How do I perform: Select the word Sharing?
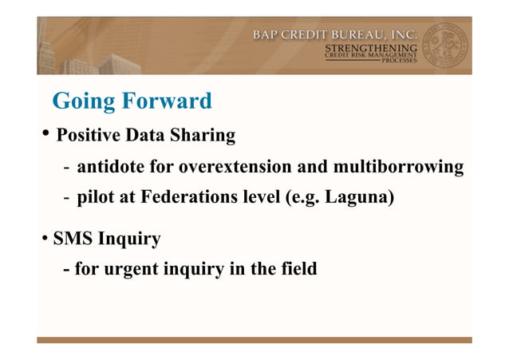pos(203,136)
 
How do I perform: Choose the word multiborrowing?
pos(398,167)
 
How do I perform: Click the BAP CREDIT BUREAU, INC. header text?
pos(334,34)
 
